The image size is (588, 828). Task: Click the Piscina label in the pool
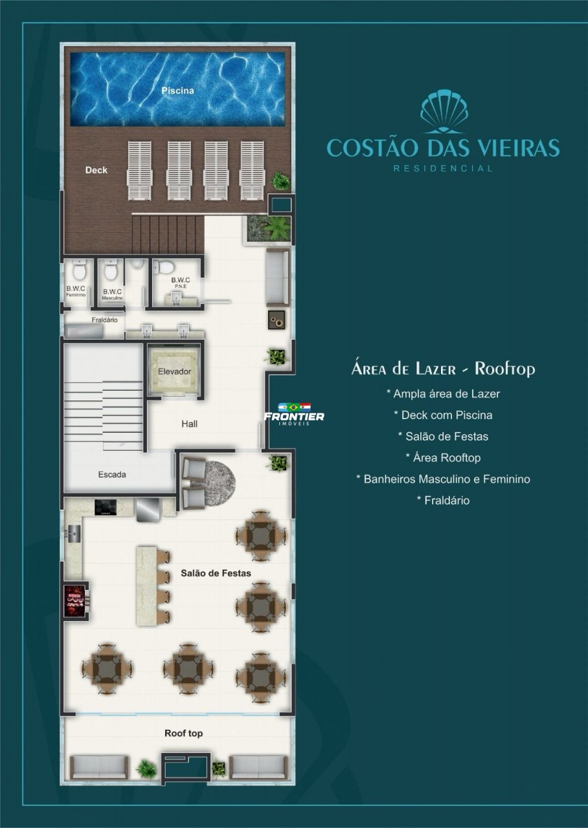tap(177, 91)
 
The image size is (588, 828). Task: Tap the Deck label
tap(96, 170)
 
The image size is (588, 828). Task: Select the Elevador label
tap(175, 371)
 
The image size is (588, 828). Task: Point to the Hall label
tap(190, 424)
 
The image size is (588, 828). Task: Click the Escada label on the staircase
tap(112, 474)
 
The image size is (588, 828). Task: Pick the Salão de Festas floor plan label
tap(216, 573)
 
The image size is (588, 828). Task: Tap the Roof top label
tap(183, 733)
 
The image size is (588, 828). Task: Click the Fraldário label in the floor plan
tap(105, 320)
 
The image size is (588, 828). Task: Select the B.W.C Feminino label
tap(76, 291)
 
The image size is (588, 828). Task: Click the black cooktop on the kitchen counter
tap(106, 507)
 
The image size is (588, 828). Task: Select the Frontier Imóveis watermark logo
tap(294, 414)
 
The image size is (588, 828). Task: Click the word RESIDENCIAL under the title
tap(444, 169)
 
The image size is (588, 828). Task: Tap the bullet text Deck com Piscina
tap(444, 415)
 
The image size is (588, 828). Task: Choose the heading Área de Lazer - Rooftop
tap(444, 369)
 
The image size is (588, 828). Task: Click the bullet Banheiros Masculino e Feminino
tap(444, 479)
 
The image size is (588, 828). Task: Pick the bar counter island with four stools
tap(152, 586)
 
